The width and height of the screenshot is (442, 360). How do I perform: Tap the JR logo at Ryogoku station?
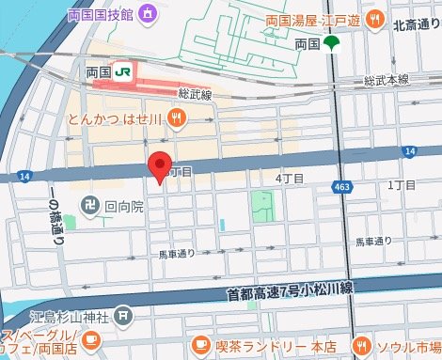[x=122, y=71]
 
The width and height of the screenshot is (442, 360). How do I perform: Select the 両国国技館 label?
[x=100, y=14]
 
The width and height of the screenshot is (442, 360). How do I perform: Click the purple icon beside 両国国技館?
[x=148, y=14]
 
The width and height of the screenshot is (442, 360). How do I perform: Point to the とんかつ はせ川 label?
[x=118, y=119]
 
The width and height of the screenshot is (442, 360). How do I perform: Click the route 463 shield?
[x=340, y=189]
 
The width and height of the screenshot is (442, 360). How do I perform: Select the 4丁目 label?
[x=289, y=178]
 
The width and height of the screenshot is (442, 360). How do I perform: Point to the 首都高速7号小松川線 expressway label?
[x=289, y=293]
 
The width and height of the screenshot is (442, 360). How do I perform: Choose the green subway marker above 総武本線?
[x=330, y=44]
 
